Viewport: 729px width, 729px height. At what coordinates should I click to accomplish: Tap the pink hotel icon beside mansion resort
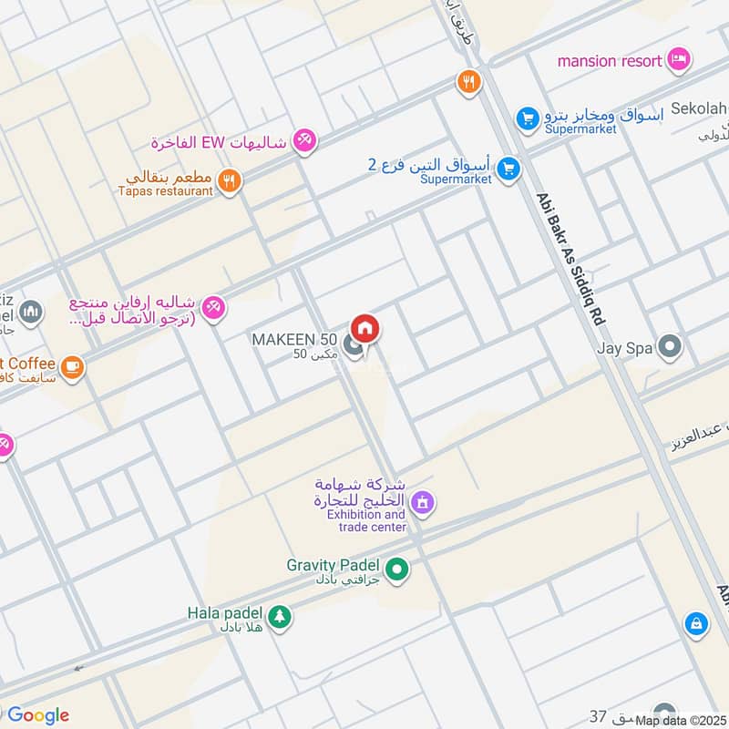678,60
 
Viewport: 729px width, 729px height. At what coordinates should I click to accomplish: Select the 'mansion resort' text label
610,61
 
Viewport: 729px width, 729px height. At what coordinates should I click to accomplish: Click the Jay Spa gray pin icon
671,347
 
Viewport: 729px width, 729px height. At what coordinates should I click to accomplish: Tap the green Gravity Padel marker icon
396,570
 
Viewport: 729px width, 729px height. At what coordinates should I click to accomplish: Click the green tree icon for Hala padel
279,617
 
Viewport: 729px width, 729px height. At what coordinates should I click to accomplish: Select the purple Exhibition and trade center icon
422,501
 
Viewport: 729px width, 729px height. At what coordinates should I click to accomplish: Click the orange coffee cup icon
73,367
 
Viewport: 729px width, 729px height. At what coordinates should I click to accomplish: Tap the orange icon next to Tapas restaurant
230,181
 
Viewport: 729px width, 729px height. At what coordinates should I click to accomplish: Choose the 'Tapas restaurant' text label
165,191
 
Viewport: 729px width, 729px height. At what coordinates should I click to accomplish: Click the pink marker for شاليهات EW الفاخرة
304,140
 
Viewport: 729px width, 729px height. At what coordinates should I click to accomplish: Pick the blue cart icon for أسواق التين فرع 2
508,169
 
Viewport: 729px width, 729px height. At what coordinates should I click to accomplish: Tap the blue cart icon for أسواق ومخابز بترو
527,118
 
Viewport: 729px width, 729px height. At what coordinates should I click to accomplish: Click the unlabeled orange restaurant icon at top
468,82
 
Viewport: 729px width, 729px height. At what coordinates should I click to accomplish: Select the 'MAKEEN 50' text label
294,340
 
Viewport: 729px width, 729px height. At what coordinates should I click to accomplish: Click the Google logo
38,715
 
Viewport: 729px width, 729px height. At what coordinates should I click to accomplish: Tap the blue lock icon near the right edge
695,623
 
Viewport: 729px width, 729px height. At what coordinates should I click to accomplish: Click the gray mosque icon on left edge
30,312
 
